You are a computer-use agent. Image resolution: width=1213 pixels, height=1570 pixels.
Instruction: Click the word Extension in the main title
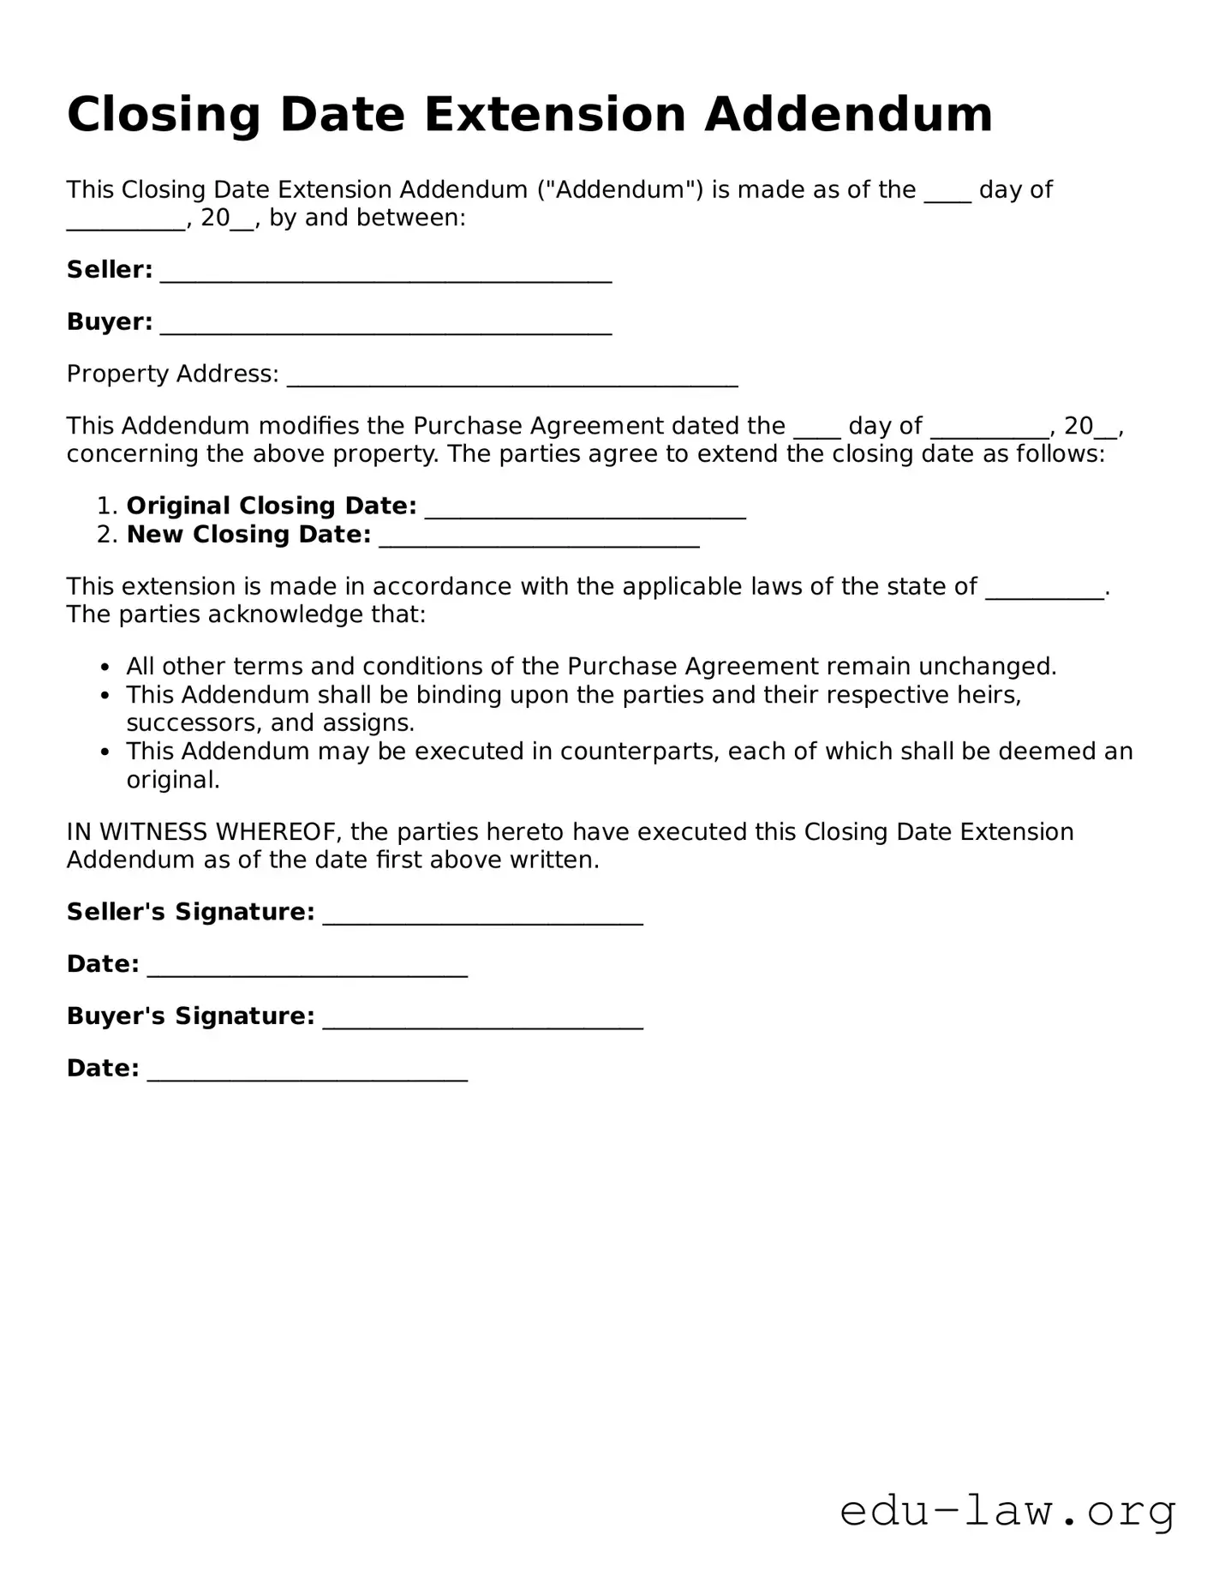554,114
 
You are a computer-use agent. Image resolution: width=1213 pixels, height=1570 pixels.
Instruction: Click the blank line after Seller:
385,273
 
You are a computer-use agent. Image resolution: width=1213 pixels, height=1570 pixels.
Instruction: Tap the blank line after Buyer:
385,326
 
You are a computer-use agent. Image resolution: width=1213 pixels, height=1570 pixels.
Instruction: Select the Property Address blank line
512,378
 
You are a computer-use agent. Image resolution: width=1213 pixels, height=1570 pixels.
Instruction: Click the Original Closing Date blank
585,510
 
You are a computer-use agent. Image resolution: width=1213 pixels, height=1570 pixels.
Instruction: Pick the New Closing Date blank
539,538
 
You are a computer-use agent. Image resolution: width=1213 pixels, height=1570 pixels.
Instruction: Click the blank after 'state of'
1045,590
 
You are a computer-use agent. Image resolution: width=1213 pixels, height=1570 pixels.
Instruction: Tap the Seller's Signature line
482,915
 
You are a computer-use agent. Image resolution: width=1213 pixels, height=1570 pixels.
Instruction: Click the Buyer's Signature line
482,1020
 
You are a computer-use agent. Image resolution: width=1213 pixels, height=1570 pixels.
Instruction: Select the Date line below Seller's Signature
307,968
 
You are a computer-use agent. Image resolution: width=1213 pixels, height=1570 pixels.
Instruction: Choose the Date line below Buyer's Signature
307,1072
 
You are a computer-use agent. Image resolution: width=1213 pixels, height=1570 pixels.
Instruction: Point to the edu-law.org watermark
1007,1511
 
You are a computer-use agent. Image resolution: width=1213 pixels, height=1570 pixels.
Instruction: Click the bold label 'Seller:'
110,270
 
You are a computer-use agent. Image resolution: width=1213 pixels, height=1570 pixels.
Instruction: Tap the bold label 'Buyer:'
110,322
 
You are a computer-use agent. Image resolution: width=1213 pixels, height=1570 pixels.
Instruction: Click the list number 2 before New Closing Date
105,535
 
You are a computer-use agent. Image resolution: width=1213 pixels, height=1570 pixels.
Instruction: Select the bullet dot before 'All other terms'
105,668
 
